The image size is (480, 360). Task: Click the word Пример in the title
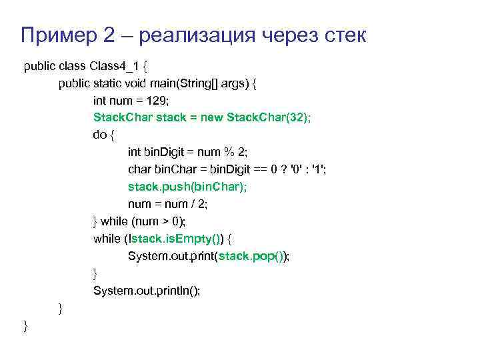57,35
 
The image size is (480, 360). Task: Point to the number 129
157,101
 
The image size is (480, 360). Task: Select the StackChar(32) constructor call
269,117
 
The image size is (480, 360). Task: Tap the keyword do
100,135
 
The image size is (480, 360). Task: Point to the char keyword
139,169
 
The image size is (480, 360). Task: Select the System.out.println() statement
147,291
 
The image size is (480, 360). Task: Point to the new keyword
212,117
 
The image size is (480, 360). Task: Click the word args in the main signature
233,84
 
